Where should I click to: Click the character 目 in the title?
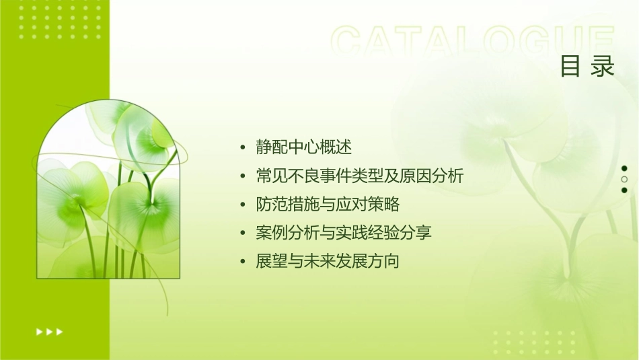tap(570, 67)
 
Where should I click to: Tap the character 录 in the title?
tap(603, 67)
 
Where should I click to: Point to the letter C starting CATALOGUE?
tap(350, 42)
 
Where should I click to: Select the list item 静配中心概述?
tap(304, 147)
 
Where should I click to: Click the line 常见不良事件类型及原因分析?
tap(360, 176)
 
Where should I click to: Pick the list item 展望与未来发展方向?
tap(328, 261)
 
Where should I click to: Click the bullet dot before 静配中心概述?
tap(243, 148)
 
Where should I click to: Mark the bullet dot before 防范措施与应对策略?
tap(243, 205)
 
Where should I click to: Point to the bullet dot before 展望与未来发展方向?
tap(243, 262)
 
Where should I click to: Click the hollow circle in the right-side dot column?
tap(624, 180)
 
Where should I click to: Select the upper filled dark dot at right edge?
tap(624, 168)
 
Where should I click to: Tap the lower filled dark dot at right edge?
tap(624, 190)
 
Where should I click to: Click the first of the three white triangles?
tap(39, 331)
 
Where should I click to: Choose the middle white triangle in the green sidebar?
tap(49, 331)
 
